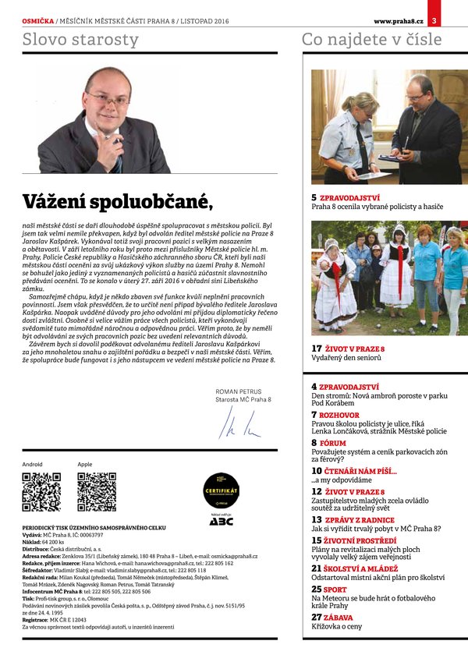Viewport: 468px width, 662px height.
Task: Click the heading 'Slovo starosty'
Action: coord(81,39)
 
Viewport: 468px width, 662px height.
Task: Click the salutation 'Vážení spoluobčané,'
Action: coord(117,200)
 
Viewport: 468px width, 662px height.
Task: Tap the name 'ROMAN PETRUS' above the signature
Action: coord(239,391)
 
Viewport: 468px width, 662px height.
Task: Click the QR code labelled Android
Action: coord(41,492)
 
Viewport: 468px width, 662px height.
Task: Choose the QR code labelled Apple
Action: coord(97,492)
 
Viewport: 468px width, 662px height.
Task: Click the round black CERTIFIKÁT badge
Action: coord(221,492)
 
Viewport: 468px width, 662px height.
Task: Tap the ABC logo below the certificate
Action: coord(221,521)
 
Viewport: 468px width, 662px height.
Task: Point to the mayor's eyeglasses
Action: coord(108,97)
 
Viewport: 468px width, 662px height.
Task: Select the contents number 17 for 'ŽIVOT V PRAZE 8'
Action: coord(317,348)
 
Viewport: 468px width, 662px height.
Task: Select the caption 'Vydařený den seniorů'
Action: coord(346,358)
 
